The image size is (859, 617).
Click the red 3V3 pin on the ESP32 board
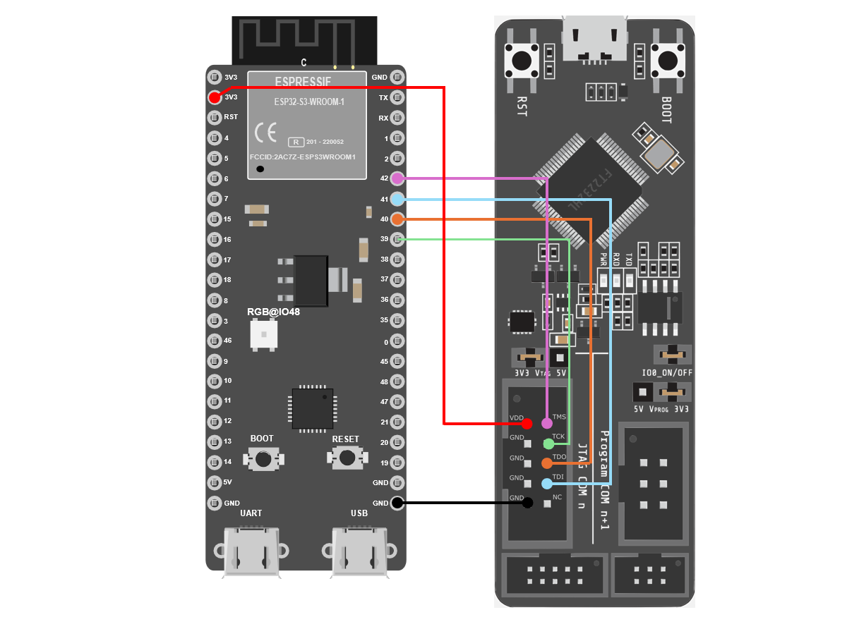coord(215,97)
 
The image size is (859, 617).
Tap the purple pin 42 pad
coord(397,178)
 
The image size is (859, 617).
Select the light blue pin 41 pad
coord(397,199)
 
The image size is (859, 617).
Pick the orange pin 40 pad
coord(397,219)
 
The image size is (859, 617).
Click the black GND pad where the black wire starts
coord(397,503)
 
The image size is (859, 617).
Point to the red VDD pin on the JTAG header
coord(527,423)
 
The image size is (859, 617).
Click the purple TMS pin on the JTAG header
coord(547,423)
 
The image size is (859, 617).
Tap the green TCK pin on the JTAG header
coord(548,444)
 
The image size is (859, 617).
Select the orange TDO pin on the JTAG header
coord(547,463)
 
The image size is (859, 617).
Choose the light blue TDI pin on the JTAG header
coord(547,484)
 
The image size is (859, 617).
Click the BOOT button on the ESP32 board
coord(263,459)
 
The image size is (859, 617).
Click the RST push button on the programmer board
coord(522,61)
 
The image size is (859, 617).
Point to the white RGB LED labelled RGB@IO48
coord(264,334)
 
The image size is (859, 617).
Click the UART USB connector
coord(251,551)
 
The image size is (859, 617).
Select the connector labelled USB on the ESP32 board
coord(359,551)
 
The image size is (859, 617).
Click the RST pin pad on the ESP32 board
coord(215,118)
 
